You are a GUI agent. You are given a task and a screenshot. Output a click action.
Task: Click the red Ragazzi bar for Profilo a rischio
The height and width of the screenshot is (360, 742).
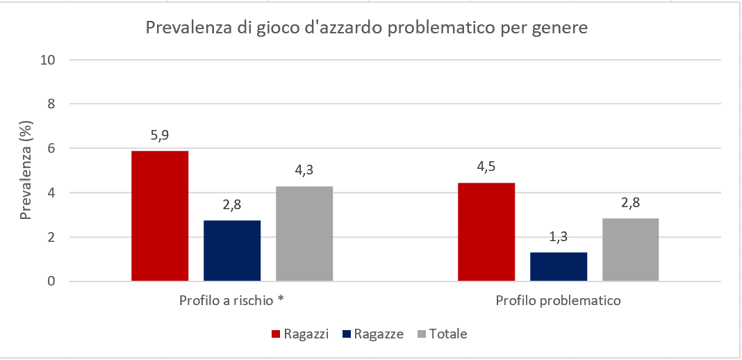click(x=160, y=216)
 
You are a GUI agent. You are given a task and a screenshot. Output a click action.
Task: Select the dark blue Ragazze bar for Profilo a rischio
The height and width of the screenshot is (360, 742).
click(x=232, y=251)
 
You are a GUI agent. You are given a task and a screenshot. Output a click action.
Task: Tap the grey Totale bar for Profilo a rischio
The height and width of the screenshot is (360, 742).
click(x=304, y=234)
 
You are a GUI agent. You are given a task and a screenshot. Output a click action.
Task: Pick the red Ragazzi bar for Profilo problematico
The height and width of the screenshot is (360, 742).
click(x=486, y=232)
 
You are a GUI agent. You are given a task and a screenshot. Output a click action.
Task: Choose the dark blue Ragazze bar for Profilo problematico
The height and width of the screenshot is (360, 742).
click(x=559, y=267)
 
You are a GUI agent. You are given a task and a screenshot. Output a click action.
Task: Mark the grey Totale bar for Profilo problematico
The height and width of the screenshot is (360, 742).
click(x=630, y=250)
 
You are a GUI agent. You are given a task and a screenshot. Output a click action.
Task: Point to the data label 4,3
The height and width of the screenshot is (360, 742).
click(x=304, y=171)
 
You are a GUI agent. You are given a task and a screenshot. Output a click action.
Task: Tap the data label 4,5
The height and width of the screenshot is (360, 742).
click(x=486, y=167)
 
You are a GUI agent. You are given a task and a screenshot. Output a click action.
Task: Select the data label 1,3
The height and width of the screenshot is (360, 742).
click(x=559, y=237)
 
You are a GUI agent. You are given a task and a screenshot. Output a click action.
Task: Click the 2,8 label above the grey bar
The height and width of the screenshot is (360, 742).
click(x=630, y=203)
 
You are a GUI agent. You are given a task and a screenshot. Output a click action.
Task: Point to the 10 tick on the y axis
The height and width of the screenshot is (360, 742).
click(x=48, y=60)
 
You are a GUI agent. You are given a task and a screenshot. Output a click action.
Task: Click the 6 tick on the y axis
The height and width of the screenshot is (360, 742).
click(x=51, y=149)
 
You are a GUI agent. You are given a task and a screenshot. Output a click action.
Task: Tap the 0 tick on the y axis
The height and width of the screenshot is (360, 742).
click(x=51, y=281)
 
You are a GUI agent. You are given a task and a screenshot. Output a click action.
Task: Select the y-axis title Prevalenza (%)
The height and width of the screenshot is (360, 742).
click(x=26, y=170)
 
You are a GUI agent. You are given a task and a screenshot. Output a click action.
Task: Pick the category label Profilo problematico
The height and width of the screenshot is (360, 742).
click(x=558, y=302)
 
